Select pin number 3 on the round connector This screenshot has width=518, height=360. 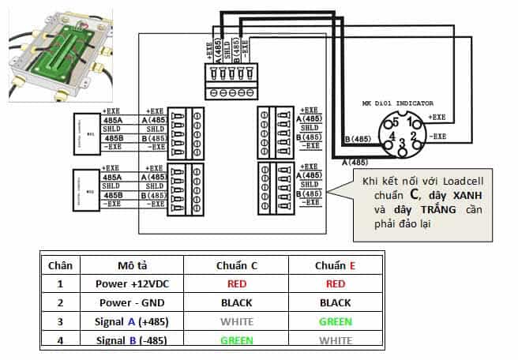[x=402, y=143]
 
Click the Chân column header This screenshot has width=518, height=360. [x=61, y=266]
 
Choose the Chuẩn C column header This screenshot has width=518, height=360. [x=238, y=266]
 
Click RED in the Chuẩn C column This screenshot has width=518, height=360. [x=238, y=284]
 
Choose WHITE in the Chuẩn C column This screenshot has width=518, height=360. [x=238, y=321]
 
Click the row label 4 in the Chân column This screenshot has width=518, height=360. [x=61, y=340]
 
